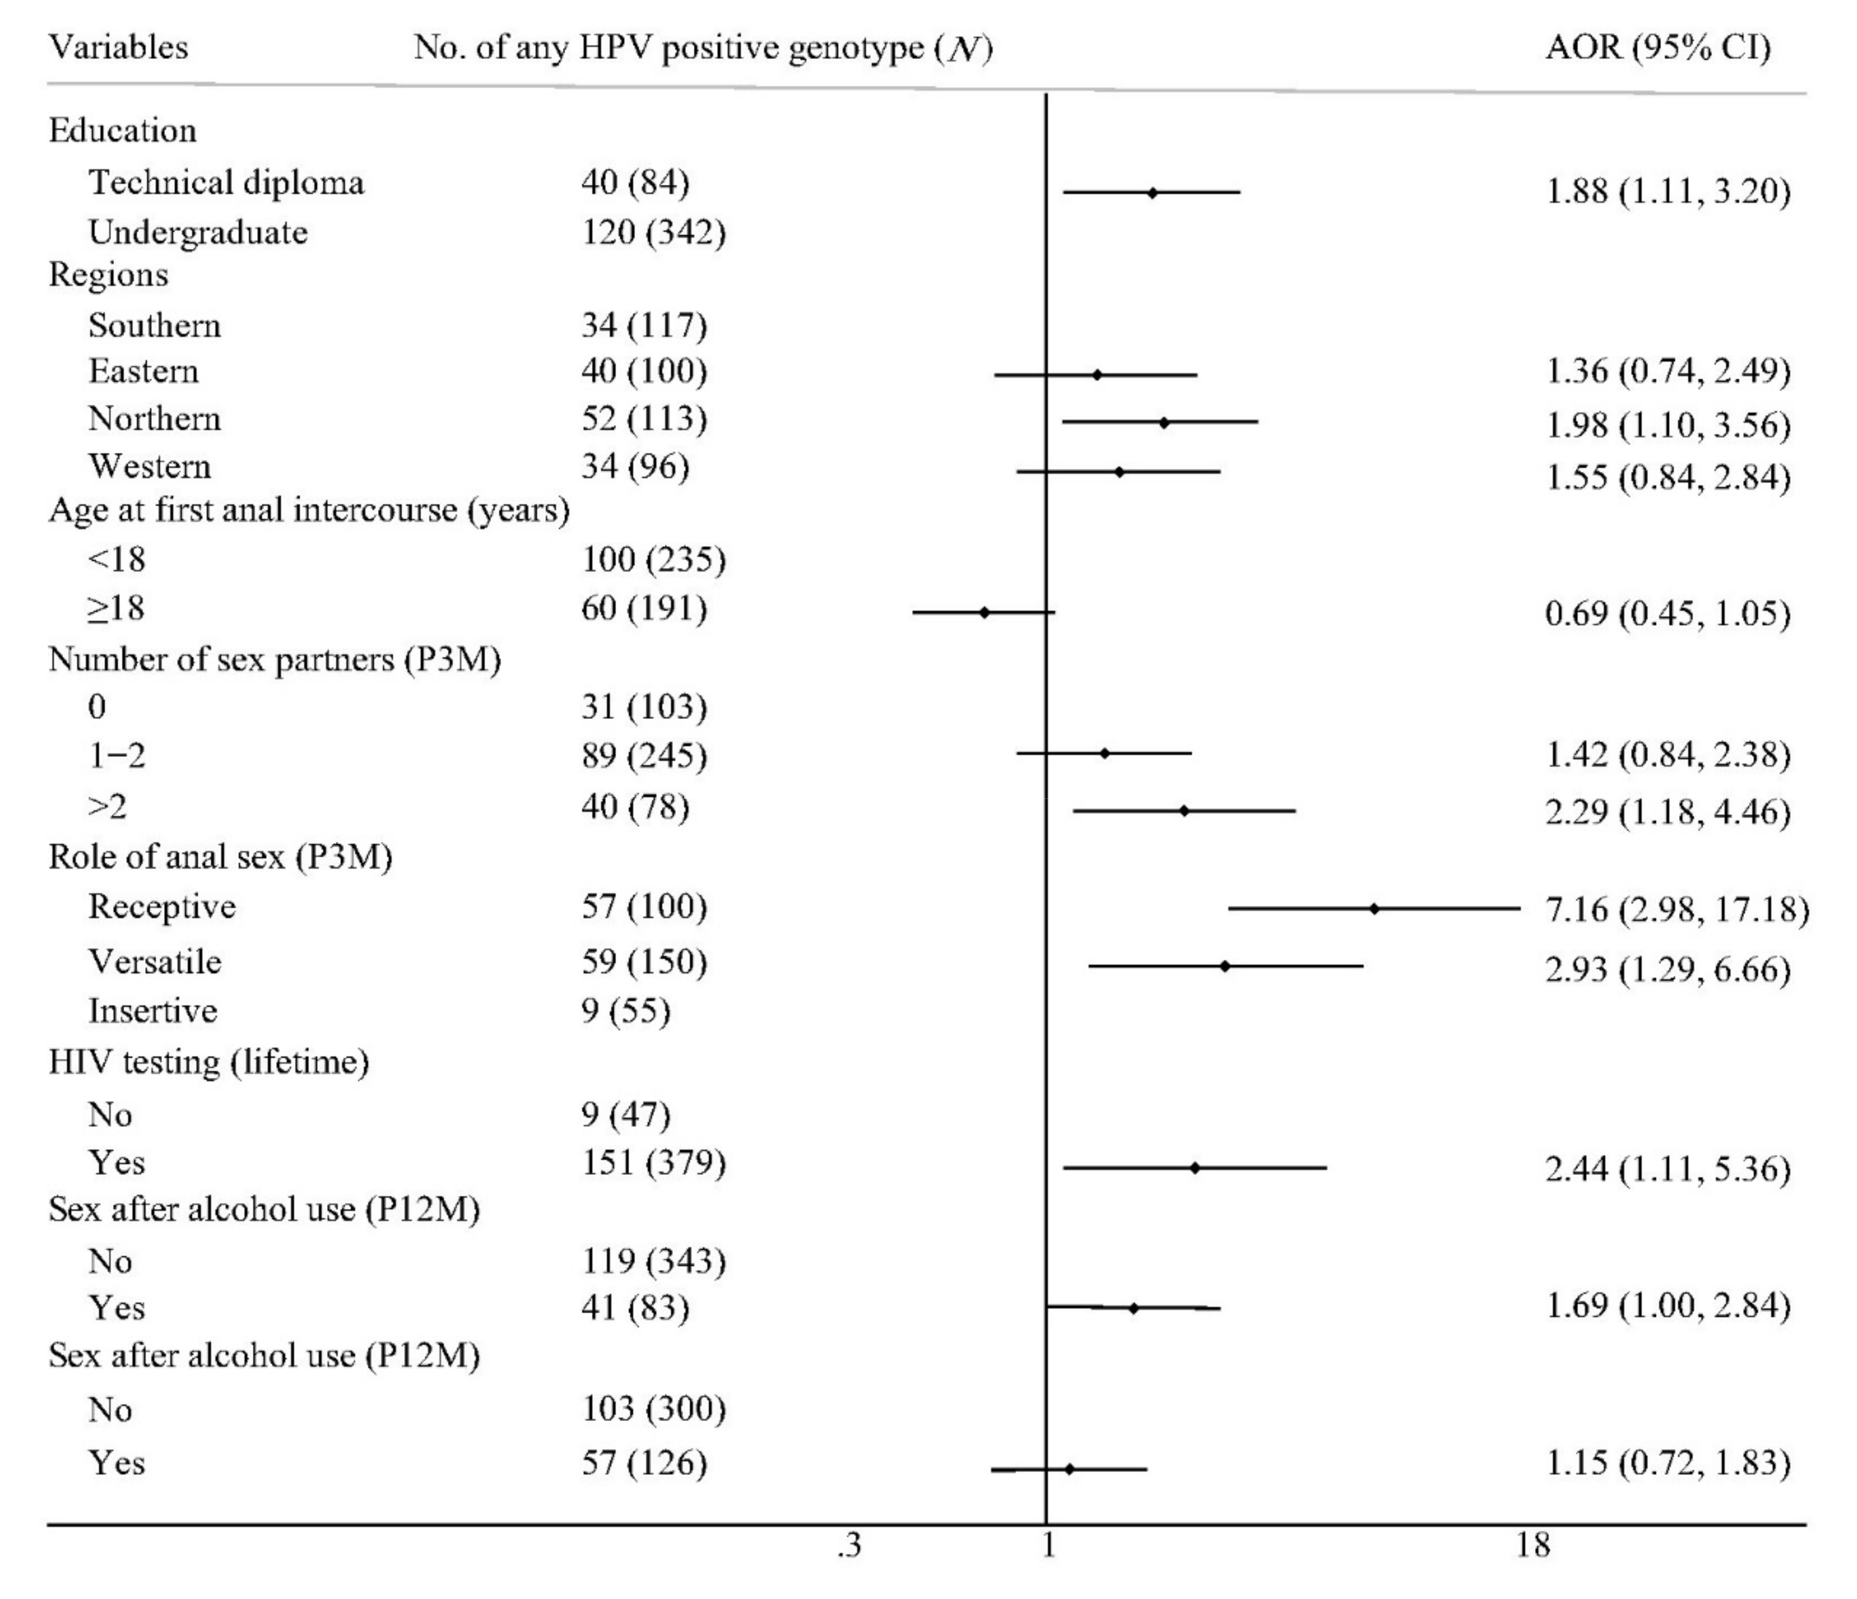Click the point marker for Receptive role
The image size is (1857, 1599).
click(1374, 909)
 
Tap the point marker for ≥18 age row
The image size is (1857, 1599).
click(984, 612)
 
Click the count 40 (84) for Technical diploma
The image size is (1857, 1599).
click(634, 183)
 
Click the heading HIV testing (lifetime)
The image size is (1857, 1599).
click(209, 1062)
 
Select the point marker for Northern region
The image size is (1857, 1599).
click(1163, 422)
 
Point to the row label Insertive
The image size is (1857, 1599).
click(152, 1011)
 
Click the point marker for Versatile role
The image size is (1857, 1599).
click(1225, 966)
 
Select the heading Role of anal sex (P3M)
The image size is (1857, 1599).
click(221, 857)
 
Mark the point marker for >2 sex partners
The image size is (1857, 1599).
click(1184, 810)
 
